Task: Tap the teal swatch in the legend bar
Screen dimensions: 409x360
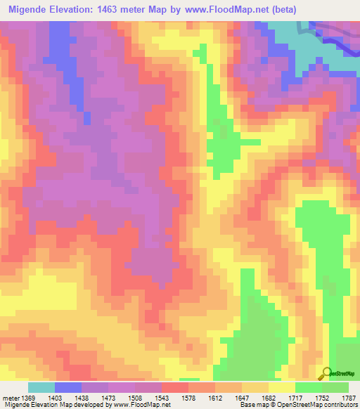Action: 41,387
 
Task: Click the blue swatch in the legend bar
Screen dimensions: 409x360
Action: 68,387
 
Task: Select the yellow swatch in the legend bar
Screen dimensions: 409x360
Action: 282,387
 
